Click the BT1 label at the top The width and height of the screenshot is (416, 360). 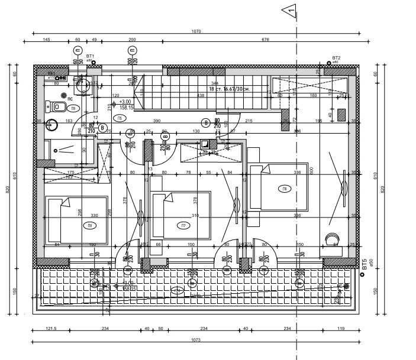point(90,55)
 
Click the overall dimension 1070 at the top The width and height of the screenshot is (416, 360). point(196,31)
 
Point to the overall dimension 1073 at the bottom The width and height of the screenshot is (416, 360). point(196,340)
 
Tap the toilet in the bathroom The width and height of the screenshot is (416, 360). point(58,106)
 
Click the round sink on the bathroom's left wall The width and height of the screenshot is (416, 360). point(51,125)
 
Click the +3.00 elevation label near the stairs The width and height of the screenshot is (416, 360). point(125,101)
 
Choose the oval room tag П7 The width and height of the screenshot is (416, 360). point(183,225)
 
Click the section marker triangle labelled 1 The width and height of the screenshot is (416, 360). point(289,9)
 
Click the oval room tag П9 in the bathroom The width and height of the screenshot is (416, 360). point(73,108)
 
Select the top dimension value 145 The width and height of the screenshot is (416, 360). point(46,40)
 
